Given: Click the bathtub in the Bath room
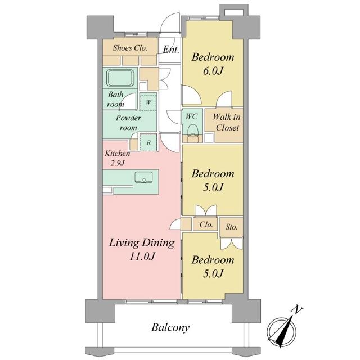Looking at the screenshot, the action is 120,78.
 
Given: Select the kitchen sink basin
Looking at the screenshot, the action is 144,177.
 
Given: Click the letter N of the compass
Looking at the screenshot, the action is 298,310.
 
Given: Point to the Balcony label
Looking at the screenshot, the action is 170,327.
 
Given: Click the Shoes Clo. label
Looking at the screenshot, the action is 130,48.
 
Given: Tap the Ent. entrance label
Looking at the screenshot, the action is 171,49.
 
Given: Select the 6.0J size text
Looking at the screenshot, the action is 213,71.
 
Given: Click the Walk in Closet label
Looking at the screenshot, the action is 227,122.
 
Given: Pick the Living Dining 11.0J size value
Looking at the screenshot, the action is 142,256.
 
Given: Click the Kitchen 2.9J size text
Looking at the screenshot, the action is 118,163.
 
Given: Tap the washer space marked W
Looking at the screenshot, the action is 148,102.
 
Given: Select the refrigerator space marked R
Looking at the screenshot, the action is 148,142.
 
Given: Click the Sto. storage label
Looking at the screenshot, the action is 231,227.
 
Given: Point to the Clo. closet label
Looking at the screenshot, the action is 206,224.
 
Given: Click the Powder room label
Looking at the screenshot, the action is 128,123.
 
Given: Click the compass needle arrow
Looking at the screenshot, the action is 284,331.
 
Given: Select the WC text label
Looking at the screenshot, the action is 191,116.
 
